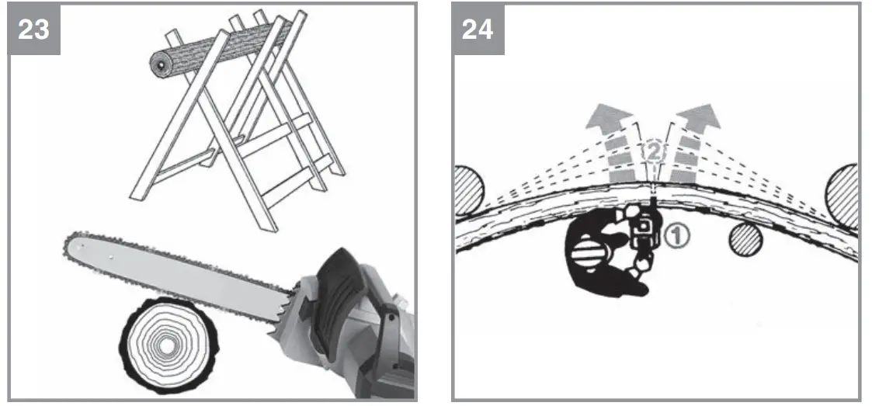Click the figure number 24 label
(477, 29)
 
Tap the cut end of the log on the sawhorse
(159, 68)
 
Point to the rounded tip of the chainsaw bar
(68, 248)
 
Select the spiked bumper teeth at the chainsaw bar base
(284, 318)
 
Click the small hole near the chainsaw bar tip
(84, 247)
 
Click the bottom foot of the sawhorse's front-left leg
(139, 197)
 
